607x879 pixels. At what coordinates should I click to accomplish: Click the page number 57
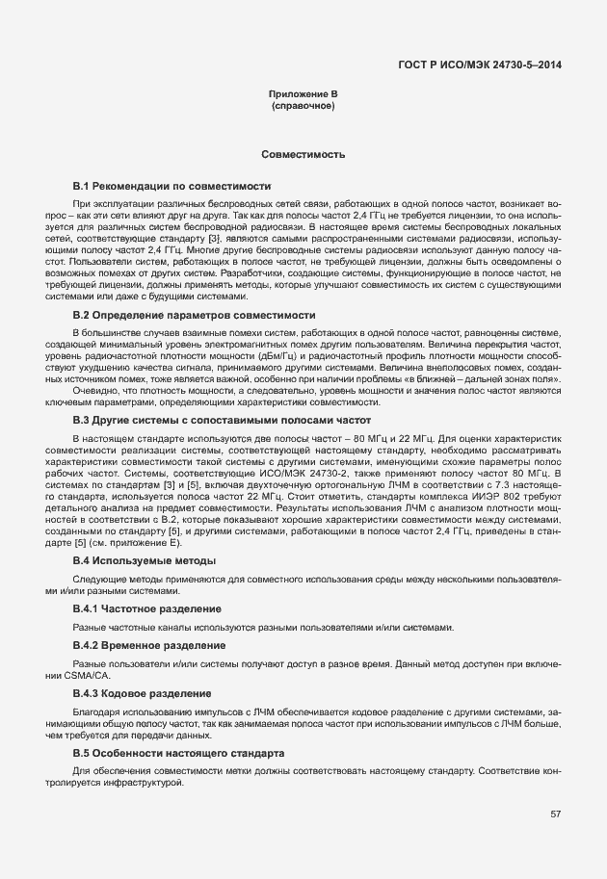(x=555, y=814)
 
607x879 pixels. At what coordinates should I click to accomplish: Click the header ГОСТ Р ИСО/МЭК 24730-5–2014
(x=480, y=65)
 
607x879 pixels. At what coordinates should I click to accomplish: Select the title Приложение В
(x=303, y=93)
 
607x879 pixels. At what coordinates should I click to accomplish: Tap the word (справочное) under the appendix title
(x=303, y=105)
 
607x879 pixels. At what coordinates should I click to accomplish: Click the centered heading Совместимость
(x=303, y=154)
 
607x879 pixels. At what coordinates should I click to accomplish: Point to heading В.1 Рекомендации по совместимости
(x=172, y=185)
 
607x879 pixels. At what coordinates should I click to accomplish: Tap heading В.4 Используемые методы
(x=145, y=559)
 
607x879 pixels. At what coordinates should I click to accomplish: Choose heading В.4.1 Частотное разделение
(x=147, y=609)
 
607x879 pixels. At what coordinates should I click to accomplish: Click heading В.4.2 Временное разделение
(x=149, y=644)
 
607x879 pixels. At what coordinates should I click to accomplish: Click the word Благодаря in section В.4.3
(x=96, y=710)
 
